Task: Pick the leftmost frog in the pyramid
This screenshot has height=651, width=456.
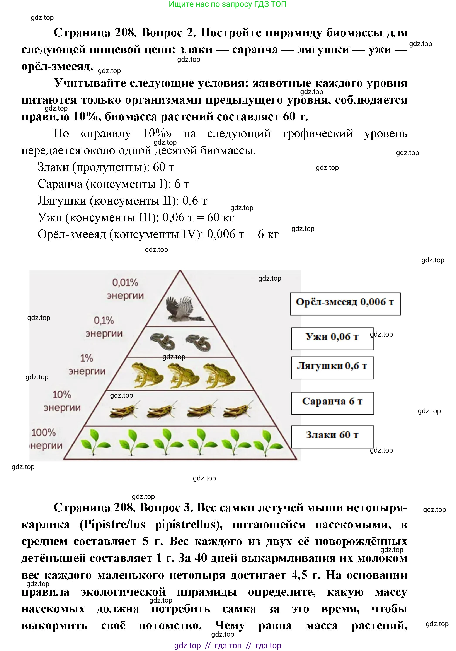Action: coord(147,375)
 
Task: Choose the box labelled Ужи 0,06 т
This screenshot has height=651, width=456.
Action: coord(332,338)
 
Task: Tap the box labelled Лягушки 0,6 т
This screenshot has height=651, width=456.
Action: coord(332,368)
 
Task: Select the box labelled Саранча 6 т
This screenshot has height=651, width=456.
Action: coord(332,403)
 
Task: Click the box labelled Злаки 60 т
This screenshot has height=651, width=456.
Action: coord(332,437)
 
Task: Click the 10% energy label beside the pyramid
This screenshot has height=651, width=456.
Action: coord(62,401)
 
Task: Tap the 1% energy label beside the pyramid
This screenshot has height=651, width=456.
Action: coord(87,364)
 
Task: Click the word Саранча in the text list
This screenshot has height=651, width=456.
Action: coord(60,184)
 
